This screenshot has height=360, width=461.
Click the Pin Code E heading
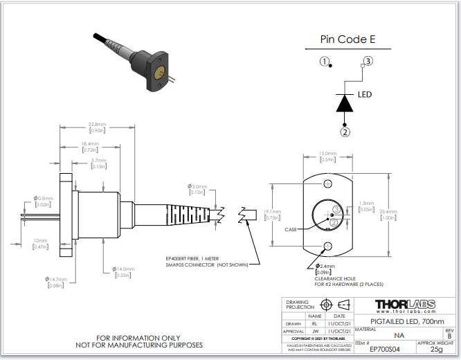(347, 39)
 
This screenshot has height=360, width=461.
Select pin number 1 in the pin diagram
(324, 62)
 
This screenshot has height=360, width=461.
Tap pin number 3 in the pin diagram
(368, 62)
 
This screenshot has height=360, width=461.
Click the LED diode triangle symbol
(345, 102)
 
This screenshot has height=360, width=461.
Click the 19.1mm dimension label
(274, 215)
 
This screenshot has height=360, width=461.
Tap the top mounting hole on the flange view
(327, 183)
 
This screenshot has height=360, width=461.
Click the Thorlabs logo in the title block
(405, 305)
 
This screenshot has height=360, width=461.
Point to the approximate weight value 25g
(436, 350)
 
